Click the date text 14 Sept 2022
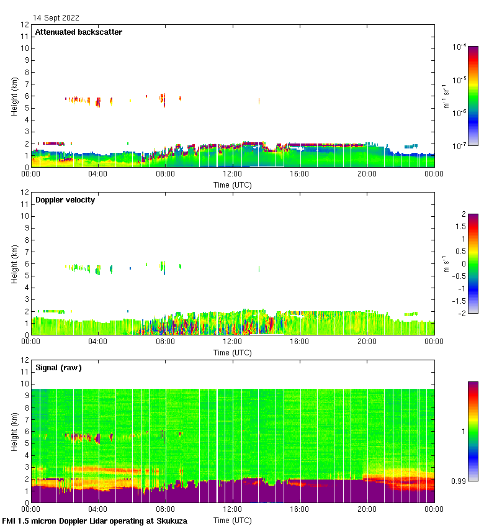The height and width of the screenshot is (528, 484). click(56, 18)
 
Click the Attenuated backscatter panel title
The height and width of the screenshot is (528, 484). click(78, 32)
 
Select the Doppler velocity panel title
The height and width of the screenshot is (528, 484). click(65, 200)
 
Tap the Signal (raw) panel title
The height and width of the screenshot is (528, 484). click(58, 368)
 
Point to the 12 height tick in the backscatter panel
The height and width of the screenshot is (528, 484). click(25, 25)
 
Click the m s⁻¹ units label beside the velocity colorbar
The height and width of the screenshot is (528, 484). click(446, 263)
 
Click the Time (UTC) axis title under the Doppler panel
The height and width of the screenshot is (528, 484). click(232, 353)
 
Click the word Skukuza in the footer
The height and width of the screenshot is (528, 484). click(168, 521)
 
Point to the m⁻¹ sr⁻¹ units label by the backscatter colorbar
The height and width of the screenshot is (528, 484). click(446, 96)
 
